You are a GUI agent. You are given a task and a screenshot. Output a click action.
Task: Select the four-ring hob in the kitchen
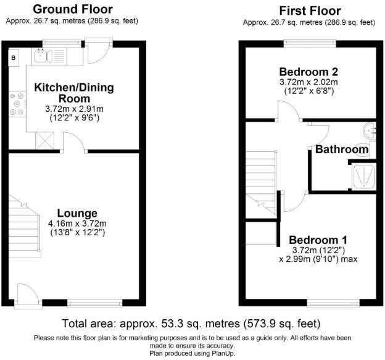tap(17, 105)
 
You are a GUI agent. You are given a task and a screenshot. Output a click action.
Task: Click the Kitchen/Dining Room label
tap(74, 93)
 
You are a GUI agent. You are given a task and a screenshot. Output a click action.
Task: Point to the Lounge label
tap(78, 213)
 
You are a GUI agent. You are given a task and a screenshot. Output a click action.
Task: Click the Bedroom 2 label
tap(308, 70)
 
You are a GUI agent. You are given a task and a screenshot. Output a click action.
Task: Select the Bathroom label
tap(342, 149)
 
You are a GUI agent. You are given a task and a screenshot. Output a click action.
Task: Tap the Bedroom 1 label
tap(318, 240)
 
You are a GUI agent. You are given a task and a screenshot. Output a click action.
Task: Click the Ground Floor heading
tap(72, 9)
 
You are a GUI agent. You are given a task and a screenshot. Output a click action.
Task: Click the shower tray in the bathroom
tap(363, 177)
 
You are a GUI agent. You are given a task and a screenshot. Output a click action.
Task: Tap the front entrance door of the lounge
tap(26, 293)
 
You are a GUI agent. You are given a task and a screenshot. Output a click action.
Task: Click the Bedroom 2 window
tap(308, 43)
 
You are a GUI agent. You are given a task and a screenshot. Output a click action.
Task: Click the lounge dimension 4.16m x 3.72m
tap(78, 224)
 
